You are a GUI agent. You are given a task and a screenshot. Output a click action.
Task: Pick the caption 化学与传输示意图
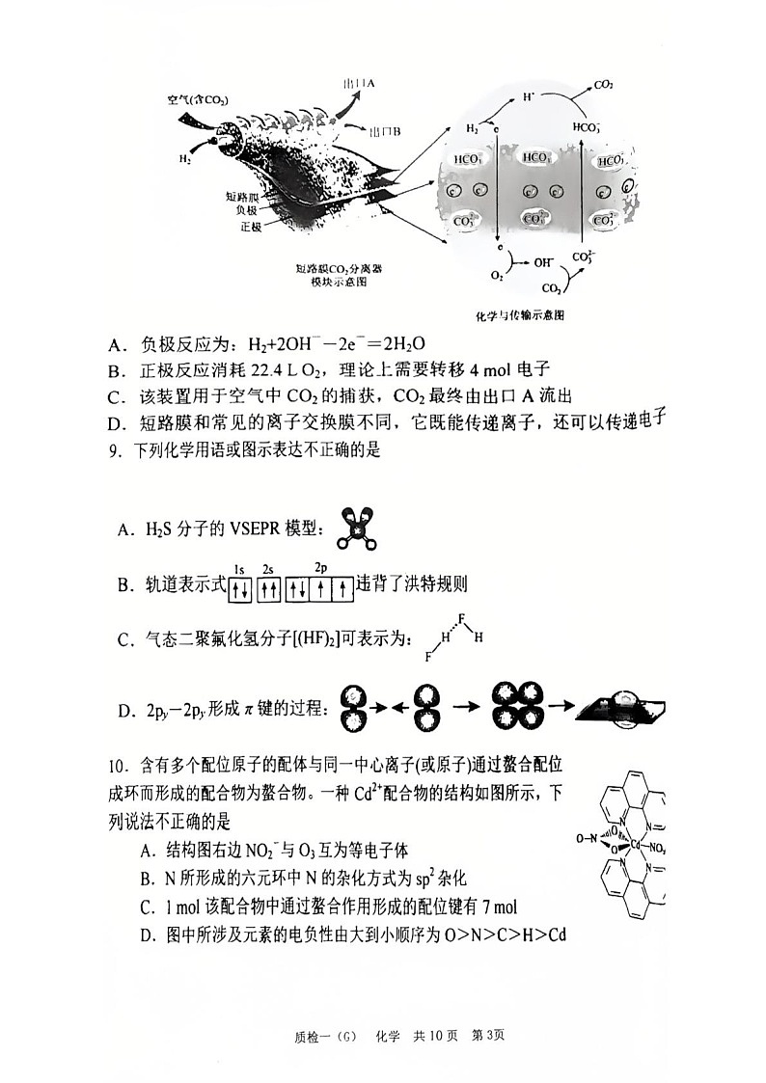[x=520, y=315]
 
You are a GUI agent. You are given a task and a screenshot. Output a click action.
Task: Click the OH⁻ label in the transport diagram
[x=543, y=260]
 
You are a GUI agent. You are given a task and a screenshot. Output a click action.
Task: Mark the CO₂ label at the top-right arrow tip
[x=604, y=86]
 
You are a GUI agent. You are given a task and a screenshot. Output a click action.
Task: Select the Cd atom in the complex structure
[x=637, y=846]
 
